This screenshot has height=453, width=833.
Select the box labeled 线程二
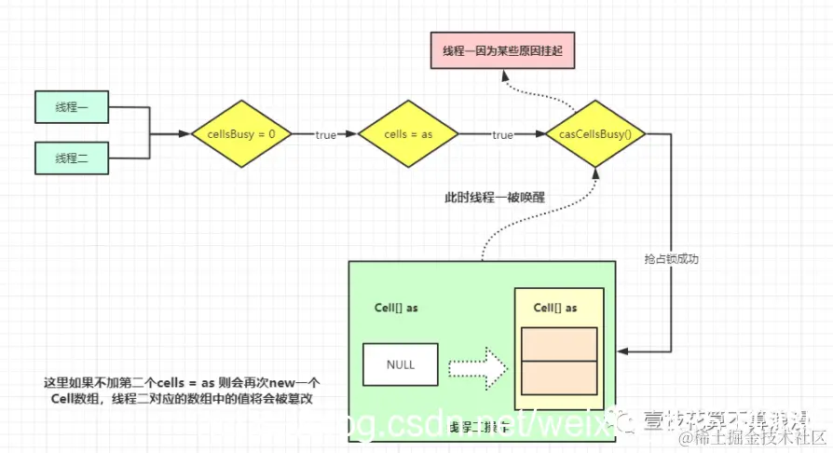tap(72, 158)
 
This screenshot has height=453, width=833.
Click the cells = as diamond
tap(408, 134)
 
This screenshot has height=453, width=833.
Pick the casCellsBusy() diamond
tap(595, 134)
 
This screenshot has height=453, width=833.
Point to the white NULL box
tap(401, 364)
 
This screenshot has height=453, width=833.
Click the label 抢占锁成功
tap(671, 258)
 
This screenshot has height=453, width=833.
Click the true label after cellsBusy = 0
tap(325, 135)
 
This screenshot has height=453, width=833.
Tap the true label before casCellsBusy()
tap(502, 135)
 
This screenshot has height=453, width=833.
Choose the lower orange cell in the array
tap(559, 377)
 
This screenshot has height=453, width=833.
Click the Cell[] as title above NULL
tap(398, 309)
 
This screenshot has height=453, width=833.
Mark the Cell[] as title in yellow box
tap(556, 309)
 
